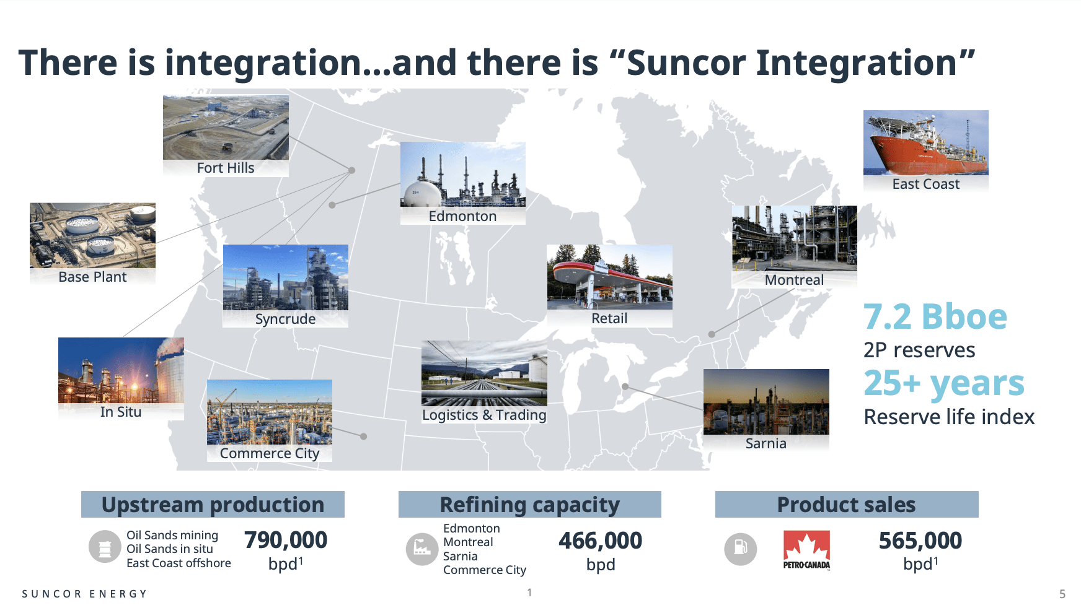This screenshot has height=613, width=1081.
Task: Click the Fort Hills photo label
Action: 226,168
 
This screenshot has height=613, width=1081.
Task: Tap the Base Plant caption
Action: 92,277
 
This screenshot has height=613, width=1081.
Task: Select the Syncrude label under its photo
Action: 285,319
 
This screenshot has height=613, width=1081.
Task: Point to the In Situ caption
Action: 121,412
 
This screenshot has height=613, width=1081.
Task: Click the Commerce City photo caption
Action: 270,453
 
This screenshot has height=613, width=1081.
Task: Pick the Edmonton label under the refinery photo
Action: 462,216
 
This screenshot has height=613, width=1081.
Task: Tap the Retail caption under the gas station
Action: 609,318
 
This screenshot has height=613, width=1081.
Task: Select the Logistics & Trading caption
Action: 484,415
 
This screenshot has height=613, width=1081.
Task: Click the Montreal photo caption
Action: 794,280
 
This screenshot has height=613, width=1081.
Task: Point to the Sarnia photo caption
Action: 766,443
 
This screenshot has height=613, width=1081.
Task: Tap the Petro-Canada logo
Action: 806,550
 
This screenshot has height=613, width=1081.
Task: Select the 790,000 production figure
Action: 286,540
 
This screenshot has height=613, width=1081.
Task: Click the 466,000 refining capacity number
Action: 600,541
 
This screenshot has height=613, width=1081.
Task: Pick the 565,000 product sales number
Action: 920,541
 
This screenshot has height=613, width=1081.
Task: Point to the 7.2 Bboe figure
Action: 935,317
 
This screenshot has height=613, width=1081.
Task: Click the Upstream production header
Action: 213,505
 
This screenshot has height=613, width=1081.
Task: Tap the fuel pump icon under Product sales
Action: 741,549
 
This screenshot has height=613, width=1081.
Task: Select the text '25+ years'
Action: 944,383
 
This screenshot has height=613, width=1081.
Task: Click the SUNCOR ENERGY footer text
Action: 84,594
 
